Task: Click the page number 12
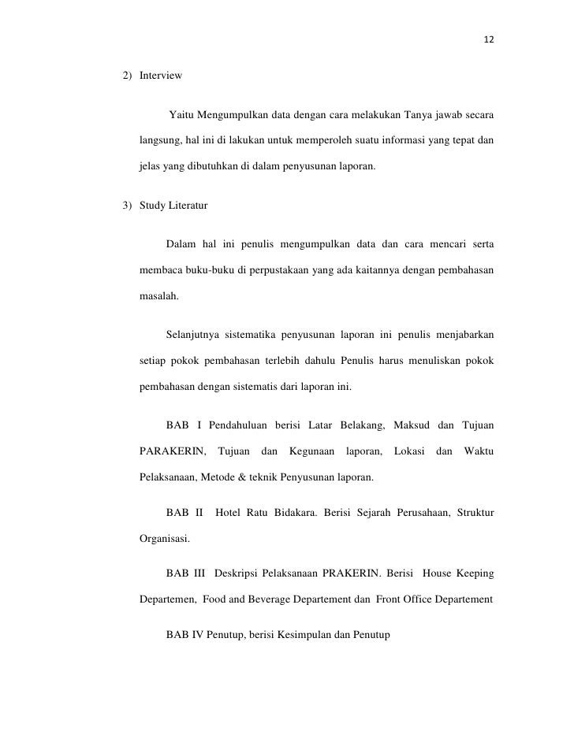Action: click(x=490, y=39)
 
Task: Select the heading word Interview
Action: click(x=161, y=76)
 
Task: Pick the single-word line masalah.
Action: click(x=158, y=299)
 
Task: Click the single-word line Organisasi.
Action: click(x=165, y=541)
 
